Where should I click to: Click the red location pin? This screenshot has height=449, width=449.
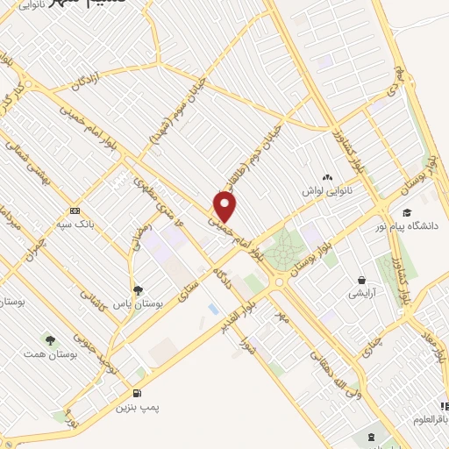[225, 207]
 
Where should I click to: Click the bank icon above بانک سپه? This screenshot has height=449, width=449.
[75, 210]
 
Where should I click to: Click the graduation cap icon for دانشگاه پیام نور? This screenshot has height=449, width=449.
[406, 212]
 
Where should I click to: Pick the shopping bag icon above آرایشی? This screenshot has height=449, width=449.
[360, 281]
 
